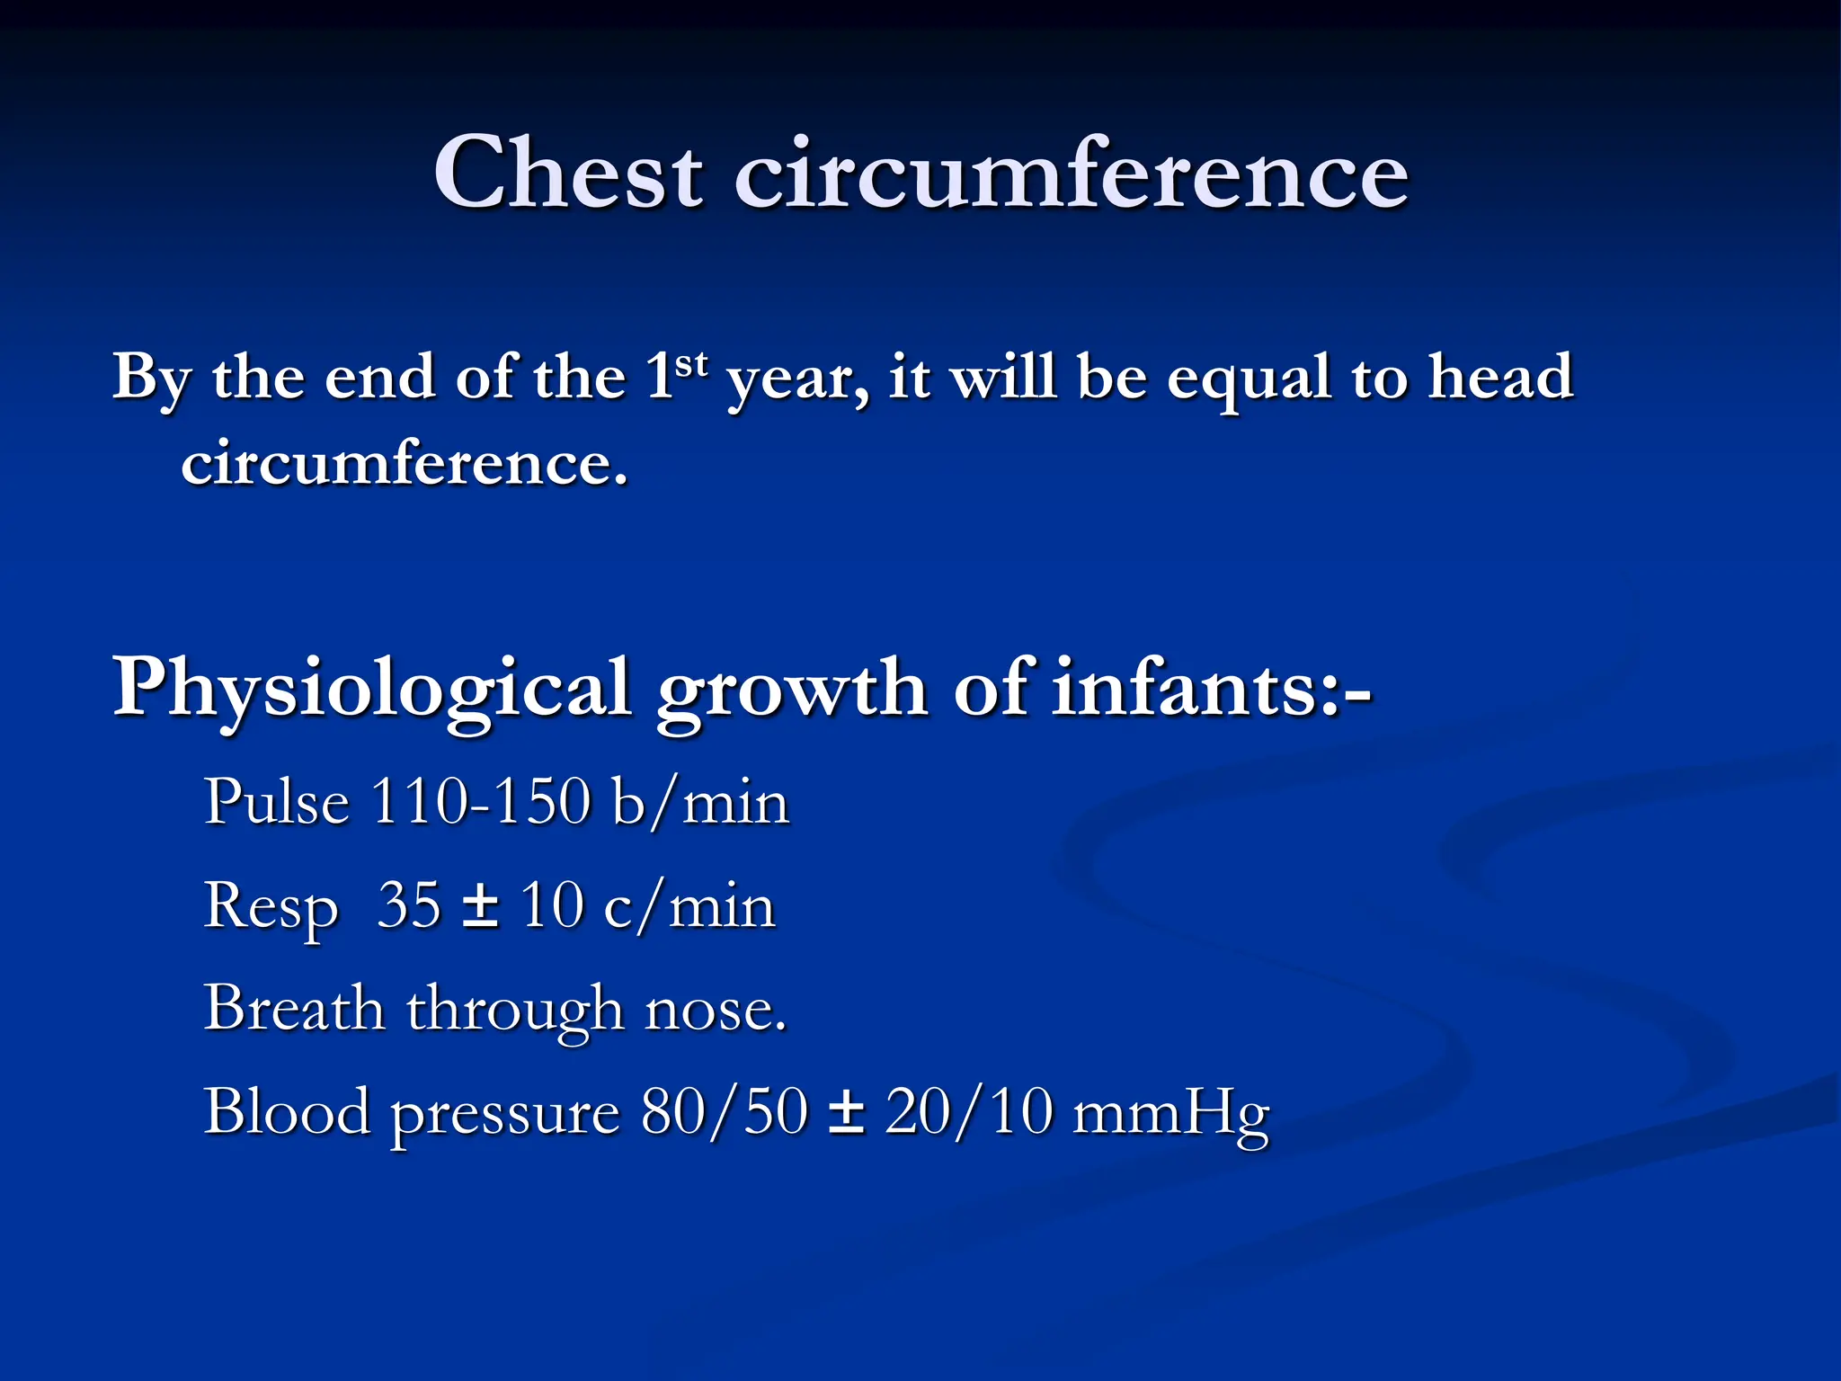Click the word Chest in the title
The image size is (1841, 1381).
567,173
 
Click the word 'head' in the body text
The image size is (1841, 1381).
1500,376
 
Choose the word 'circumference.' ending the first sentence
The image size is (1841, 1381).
405,464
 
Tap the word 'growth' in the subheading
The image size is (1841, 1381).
792,690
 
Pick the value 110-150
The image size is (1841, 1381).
481,801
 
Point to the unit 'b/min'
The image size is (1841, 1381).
699,801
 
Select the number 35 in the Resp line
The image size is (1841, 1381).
409,904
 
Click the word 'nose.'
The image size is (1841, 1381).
716,1009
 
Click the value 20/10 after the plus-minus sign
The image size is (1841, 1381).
968,1112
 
